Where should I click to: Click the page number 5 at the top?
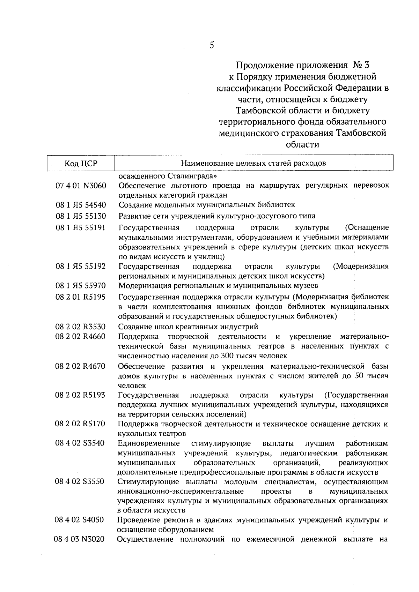[212, 45]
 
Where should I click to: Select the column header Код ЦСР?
[81, 163]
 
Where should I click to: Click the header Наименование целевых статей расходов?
[253, 163]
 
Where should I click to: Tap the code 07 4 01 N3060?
[81, 186]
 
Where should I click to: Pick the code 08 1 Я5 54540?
[81, 205]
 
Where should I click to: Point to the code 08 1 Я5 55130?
[81, 216]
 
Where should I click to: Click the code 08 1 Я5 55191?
[81, 228]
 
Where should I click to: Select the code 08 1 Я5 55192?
[81, 267]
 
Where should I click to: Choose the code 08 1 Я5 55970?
[81, 286]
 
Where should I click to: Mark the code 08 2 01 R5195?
[81, 297]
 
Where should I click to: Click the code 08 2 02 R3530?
[81, 327]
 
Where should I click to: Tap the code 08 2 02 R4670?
[81, 366]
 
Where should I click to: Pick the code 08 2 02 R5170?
[81, 424]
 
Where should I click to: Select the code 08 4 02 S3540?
[81, 444]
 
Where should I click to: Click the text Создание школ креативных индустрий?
[188, 327]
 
